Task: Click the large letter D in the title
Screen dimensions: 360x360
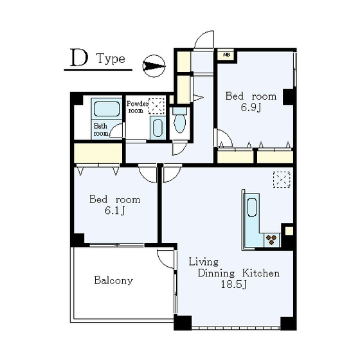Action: (x=79, y=58)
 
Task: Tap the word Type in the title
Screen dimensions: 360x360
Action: (x=111, y=59)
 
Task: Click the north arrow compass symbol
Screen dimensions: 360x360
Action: (x=154, y=66)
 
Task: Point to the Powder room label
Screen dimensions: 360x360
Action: (x=138, y=107)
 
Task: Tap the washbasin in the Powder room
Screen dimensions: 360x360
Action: (x=157, y=128)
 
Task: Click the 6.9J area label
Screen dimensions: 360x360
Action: (x=251, y=107)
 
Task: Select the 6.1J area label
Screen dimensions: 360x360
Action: (x=114, y=210)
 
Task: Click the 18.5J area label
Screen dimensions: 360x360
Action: (x=233, y=285)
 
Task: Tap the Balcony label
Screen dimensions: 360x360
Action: (x=113, y=280)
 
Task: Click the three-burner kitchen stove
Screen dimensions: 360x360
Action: (x=272, y=240)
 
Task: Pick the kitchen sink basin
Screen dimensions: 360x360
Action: (x=252, y=207)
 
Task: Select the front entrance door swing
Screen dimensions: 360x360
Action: (x=204, y=39)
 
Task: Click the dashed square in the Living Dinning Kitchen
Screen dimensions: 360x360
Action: (x=282, y=179)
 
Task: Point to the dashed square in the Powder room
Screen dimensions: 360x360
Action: (x=157, y=106)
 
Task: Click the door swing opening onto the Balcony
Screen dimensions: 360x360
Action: (x=166, y=259)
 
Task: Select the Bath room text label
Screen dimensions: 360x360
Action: (x=100, y=129)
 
